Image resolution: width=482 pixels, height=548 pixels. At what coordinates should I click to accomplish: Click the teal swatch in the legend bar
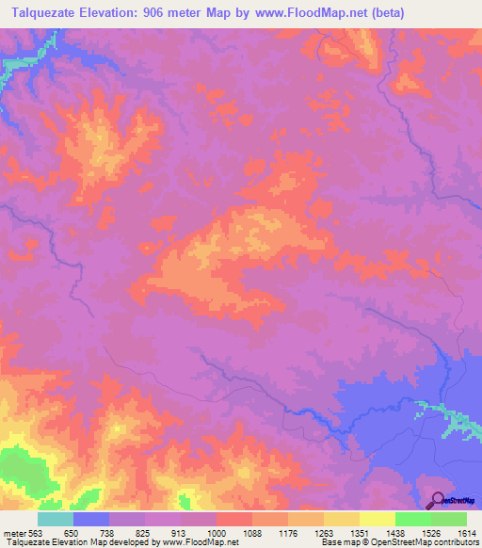point(56,520)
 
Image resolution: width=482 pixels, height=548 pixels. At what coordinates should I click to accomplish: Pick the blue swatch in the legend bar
point(91,520)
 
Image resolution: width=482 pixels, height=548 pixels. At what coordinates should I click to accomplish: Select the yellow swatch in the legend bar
point(342,520)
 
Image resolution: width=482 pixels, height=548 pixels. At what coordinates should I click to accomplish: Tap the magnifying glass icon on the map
point(437,501)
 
